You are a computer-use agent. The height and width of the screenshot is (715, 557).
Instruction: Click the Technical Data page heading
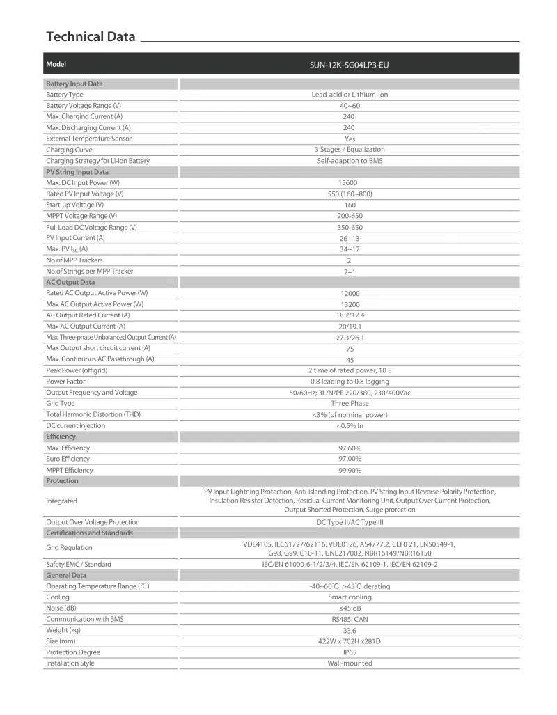coord(91,37)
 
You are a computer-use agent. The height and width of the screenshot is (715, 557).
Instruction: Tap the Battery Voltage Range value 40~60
coord(349,105)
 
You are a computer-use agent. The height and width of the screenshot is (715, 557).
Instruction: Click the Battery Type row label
coord(65,95)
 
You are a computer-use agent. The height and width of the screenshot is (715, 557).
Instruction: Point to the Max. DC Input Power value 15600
coord(349,183)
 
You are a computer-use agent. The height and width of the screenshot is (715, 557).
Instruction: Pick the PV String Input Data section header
coord(77,172)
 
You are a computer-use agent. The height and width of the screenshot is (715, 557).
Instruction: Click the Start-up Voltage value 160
coord(350,205)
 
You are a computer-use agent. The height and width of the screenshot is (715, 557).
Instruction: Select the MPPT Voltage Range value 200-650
coord(350,216)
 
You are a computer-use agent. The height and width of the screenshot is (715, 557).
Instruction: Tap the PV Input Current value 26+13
coord(350,238)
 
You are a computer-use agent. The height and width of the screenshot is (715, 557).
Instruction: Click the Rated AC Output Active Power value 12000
coord(349,294)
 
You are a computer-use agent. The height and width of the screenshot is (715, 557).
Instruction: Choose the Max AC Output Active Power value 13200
coord(349,304)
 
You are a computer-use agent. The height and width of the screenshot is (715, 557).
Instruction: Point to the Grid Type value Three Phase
coord(350,404)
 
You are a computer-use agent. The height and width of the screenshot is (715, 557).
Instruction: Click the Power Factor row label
coord(65,382)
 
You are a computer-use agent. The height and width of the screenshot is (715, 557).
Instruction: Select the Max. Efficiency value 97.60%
coord(350,448)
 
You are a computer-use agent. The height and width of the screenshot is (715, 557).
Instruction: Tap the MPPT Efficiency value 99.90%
coord(350,471)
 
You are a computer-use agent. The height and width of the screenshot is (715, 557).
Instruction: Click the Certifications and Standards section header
coord(89,533)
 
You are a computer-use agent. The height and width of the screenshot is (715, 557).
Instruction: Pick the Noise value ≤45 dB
coord(350,608)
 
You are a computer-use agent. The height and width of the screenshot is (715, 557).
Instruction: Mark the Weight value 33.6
coord(350,631)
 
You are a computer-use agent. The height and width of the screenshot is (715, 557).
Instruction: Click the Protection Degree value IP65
coord(350,653)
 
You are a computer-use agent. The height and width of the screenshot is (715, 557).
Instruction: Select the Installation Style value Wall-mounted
coord(350,663)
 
